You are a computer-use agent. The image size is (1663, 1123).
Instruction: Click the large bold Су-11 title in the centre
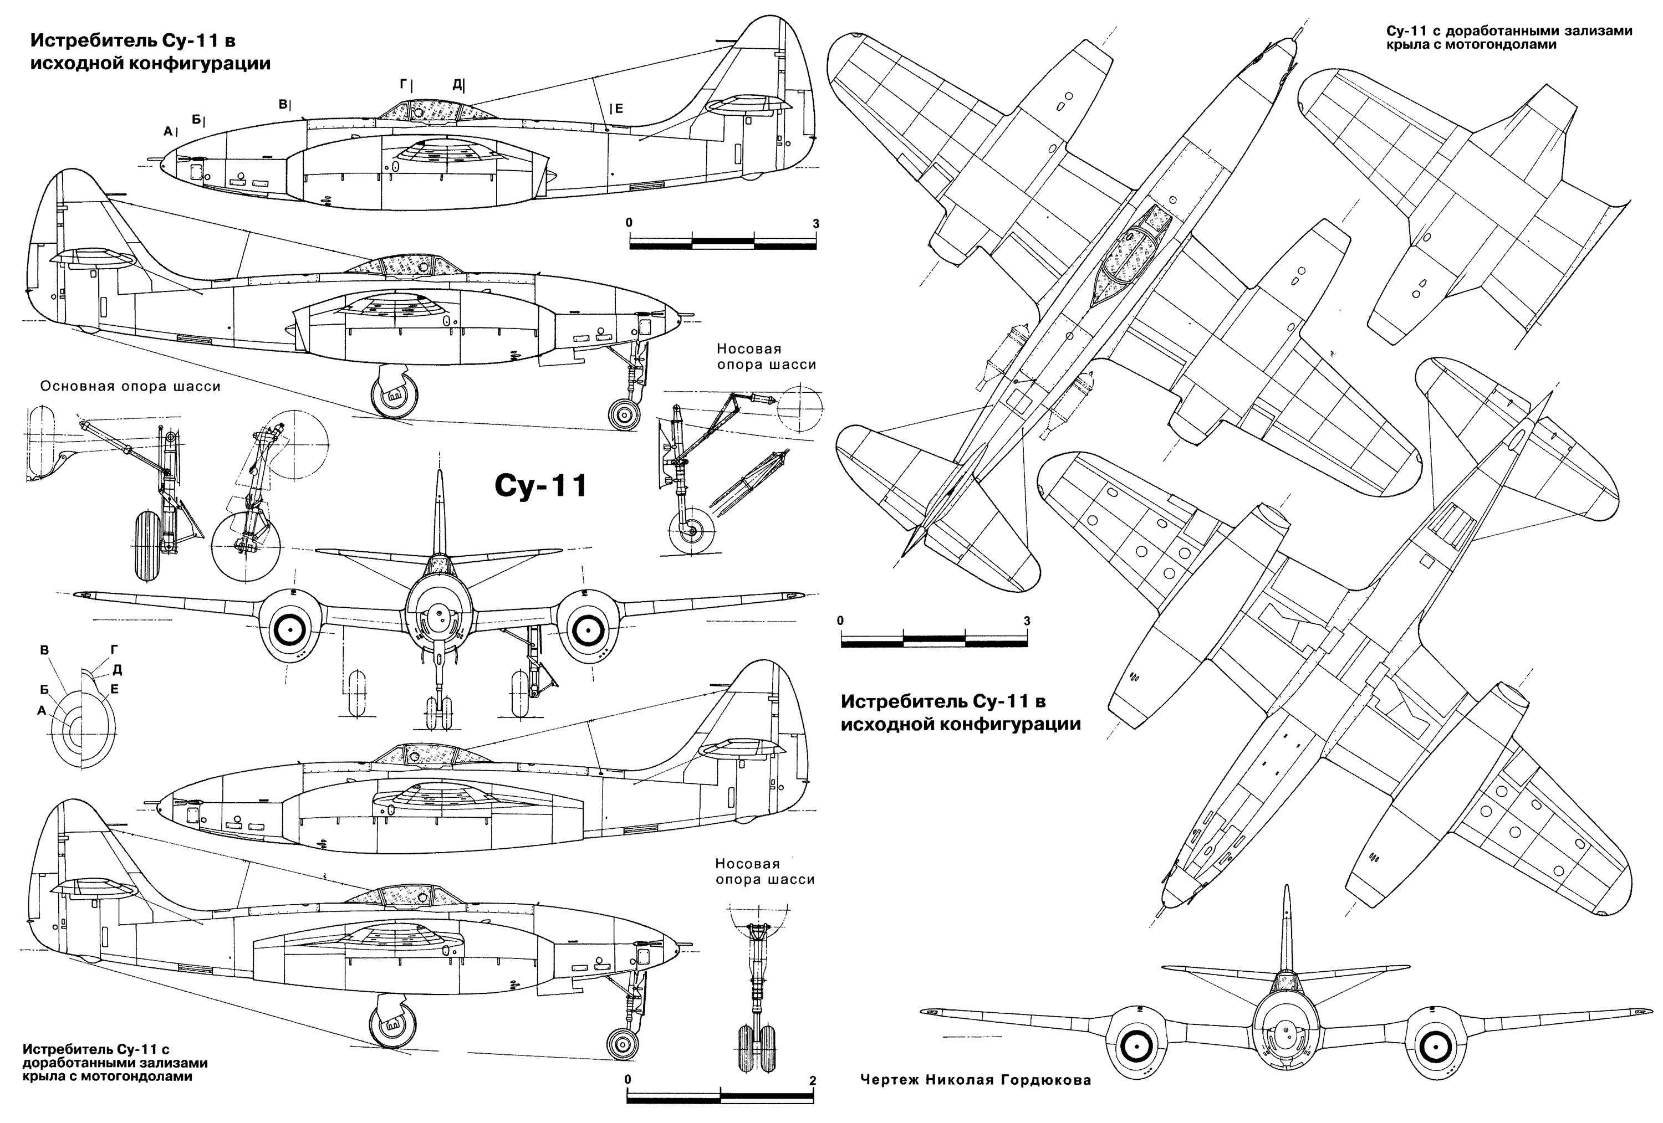click(541, 486)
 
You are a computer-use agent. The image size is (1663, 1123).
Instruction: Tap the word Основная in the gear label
click(77, 387)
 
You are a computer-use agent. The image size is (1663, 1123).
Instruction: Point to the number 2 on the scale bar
click(812, 1081)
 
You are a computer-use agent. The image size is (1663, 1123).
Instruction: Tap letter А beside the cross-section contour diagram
click(42, 710)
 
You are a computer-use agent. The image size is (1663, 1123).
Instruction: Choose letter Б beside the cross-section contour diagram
click(44, 690)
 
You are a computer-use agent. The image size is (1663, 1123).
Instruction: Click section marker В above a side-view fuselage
click(283, 104)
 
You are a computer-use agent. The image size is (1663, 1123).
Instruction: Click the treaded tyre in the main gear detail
click(147, 545)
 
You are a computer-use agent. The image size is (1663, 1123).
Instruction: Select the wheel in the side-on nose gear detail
click(691, 531)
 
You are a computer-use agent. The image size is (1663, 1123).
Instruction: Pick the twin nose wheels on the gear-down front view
click(438, 713)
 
